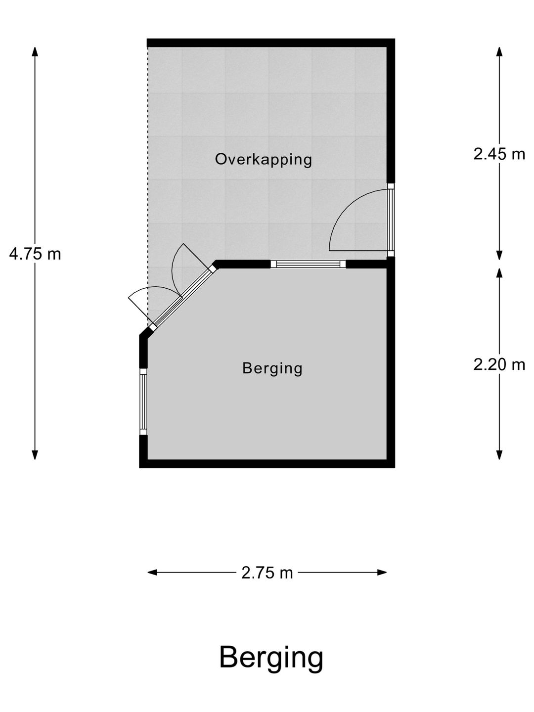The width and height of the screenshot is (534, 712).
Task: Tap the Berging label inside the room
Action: (x=272, y=368)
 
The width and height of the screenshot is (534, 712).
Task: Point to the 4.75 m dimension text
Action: (x=35, y=254)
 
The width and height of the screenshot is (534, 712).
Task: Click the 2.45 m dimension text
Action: (x=499, y=154)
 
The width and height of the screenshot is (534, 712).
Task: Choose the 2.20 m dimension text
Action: (x=499, y=365)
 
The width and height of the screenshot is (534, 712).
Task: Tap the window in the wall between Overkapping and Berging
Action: (x=309, y=264)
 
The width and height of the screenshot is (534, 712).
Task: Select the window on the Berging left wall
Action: (x=143, y=401)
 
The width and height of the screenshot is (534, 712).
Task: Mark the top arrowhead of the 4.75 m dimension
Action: (x=35, y=52)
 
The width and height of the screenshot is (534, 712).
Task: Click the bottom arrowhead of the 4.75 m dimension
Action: (x=35, y=455)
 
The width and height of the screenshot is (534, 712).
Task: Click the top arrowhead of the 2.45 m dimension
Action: (x=499, y=52)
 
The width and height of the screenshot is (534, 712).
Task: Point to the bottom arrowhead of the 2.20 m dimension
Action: (x=499, y=455)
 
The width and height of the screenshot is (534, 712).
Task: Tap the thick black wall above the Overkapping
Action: (x=271, y=43)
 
